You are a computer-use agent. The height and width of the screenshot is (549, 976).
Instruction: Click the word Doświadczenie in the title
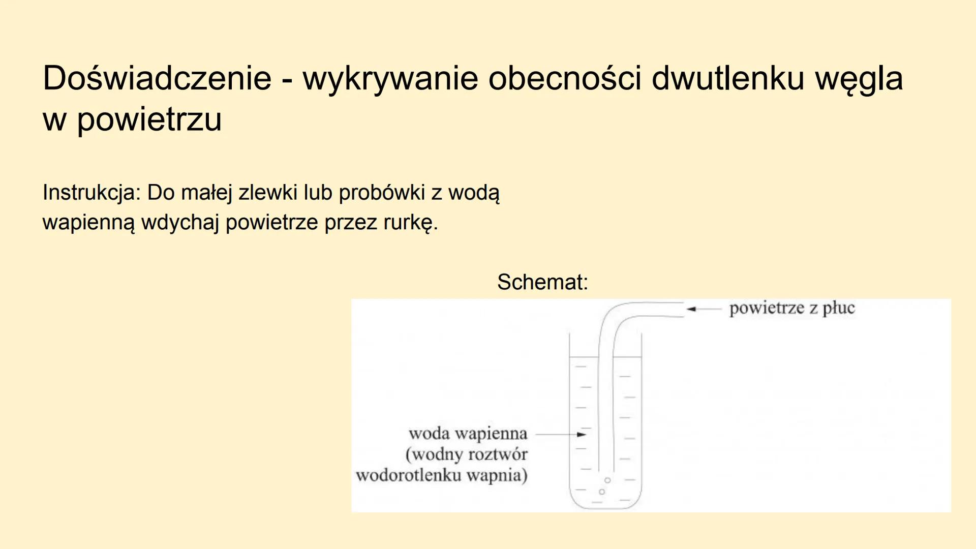157,78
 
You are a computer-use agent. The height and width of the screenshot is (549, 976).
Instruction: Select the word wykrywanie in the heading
390,79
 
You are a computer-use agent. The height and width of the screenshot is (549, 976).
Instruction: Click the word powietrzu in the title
149,120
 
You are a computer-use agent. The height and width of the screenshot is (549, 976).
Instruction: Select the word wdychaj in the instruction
180,223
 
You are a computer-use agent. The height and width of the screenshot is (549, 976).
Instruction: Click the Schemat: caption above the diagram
542,282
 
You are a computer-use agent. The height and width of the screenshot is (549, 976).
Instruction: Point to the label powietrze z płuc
792,308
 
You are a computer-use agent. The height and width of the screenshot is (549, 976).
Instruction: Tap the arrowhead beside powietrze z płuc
691,309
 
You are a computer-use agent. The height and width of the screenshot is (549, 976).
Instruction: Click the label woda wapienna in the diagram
468,434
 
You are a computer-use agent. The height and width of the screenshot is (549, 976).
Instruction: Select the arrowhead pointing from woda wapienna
582,435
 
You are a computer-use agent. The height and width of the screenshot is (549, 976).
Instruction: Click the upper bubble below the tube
607,480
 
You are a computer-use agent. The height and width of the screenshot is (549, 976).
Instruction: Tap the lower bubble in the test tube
602,492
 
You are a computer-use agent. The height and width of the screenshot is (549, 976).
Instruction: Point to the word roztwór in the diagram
499,454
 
